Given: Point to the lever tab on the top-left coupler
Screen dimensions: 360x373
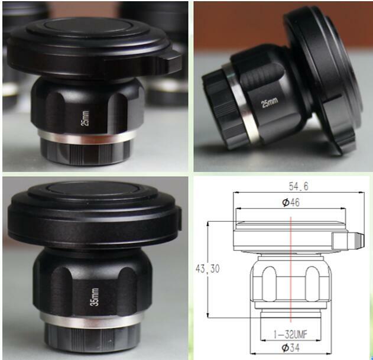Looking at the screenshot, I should pyautogui.click(x=170, y=59).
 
